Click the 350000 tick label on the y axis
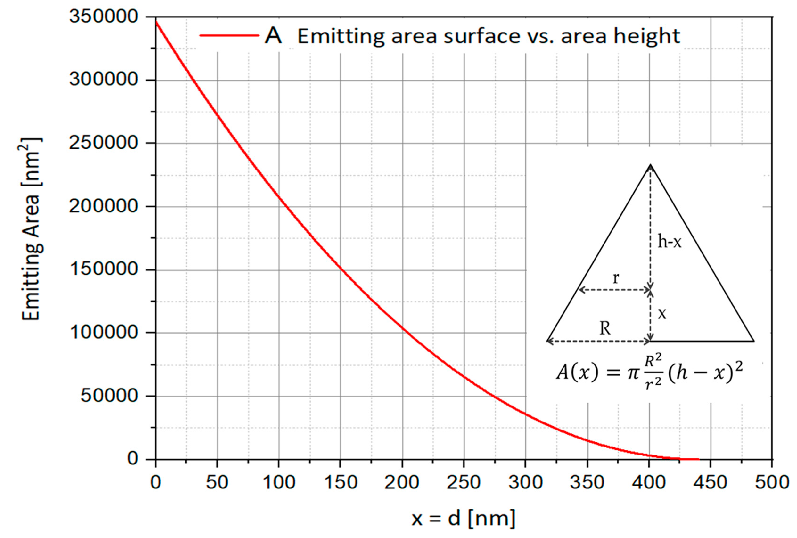click(103, 17)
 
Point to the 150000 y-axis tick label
click(103, 269)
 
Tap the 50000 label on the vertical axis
click(109, 396)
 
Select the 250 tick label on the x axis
click(464, 482)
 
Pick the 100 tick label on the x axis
click(279, 482)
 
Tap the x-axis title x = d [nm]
click(464, 518)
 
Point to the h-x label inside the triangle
click(669, 242)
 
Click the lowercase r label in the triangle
click(616, 278)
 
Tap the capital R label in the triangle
click(605, 329)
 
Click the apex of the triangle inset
click(650, 165)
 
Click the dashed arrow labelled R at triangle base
click(598, 341)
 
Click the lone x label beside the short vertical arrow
click(662, 314)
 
